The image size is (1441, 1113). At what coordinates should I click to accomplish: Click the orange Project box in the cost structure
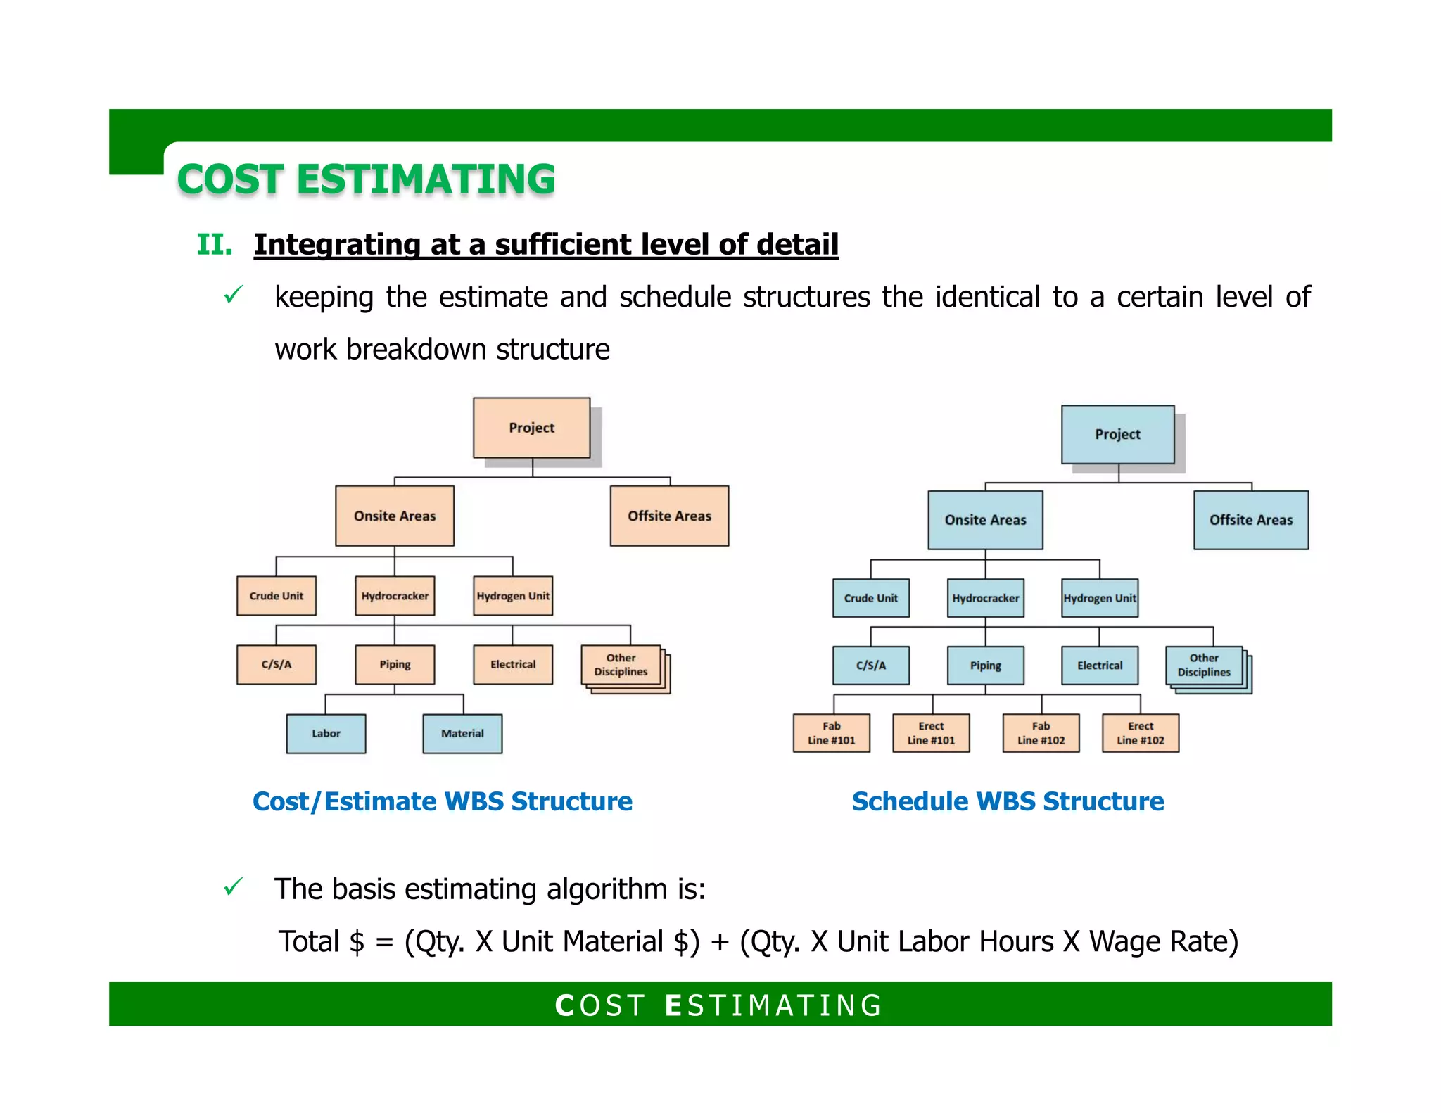(531, 428)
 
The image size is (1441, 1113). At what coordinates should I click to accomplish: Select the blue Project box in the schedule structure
(1117, 434)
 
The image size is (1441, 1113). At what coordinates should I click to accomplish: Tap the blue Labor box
(326, 734)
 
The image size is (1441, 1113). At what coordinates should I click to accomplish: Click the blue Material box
(462, 734)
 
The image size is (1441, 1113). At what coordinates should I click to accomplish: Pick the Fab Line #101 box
(831, 733)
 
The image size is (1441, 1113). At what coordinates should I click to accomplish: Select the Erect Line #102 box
(1140, 733)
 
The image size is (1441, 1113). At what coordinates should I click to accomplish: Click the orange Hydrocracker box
(395, 596)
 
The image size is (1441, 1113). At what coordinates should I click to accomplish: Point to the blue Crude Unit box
(870, 598)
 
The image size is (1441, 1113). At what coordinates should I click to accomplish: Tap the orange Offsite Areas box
(669, 516)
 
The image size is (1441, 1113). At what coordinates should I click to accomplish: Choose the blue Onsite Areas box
(985, 520)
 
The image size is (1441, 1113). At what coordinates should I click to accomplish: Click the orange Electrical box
(513, 664)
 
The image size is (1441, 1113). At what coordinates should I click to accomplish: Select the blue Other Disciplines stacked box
(1204, 665)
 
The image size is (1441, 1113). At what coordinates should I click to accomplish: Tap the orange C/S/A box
(276, 664)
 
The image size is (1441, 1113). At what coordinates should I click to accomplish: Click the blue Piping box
(985, 666)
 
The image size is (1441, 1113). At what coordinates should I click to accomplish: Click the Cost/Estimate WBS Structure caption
(442, 801)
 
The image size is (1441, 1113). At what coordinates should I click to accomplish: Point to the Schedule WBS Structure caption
(1008, 801)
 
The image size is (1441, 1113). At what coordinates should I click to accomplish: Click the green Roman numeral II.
(215, 245)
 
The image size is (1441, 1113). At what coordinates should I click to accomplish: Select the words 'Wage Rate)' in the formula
(1164, 941)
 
